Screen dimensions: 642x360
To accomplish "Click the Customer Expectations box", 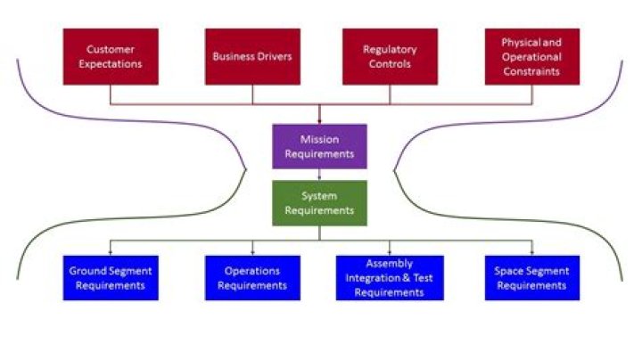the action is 111,56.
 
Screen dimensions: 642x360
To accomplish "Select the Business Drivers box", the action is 252,56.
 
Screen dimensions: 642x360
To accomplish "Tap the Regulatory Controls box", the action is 390,56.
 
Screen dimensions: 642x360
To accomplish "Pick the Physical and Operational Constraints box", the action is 531,56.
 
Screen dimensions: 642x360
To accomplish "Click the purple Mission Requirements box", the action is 319,146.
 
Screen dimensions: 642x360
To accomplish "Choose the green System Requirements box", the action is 319,203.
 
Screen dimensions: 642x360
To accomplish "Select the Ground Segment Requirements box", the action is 111,278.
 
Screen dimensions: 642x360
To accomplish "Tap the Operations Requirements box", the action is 252,278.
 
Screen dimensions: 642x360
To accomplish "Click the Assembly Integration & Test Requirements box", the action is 390,278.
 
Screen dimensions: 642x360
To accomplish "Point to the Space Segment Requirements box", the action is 531,278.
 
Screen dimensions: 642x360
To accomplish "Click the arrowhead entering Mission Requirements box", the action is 319,121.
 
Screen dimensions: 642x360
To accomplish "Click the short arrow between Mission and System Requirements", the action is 319,175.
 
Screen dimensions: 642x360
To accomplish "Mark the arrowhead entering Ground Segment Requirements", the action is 111,254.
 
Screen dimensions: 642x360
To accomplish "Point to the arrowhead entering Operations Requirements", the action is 252,254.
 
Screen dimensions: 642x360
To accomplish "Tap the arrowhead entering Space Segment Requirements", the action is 531,254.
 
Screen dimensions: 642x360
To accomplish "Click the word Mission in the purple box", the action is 319,140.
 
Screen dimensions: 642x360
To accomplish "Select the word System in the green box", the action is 319,196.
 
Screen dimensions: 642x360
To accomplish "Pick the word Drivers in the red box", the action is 273,56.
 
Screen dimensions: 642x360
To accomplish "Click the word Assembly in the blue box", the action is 390,264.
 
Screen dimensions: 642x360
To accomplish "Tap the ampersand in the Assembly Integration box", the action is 407,278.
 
